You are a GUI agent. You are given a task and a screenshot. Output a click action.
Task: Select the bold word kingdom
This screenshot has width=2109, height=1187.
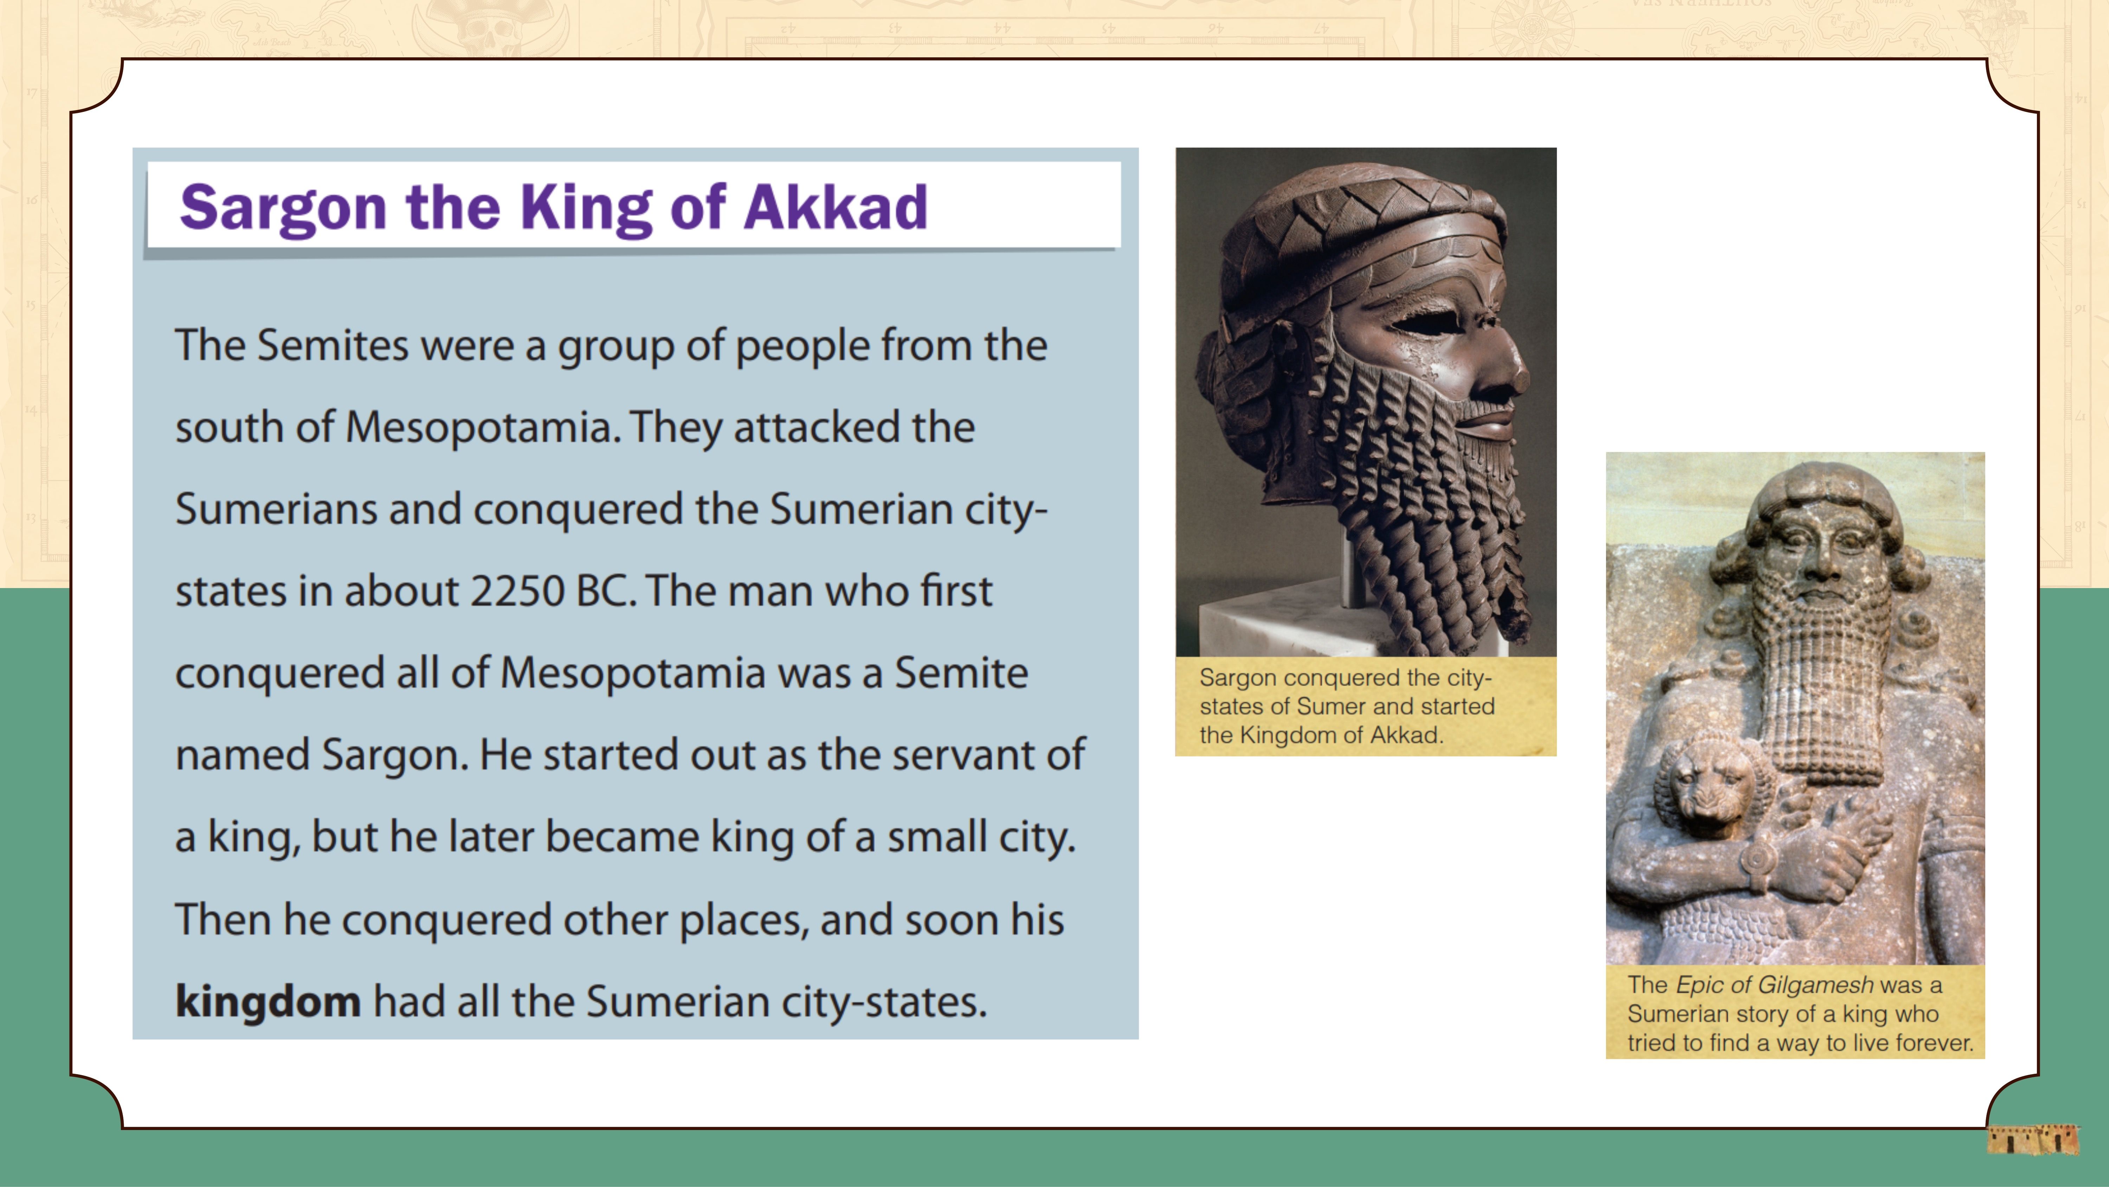[268, 1001]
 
